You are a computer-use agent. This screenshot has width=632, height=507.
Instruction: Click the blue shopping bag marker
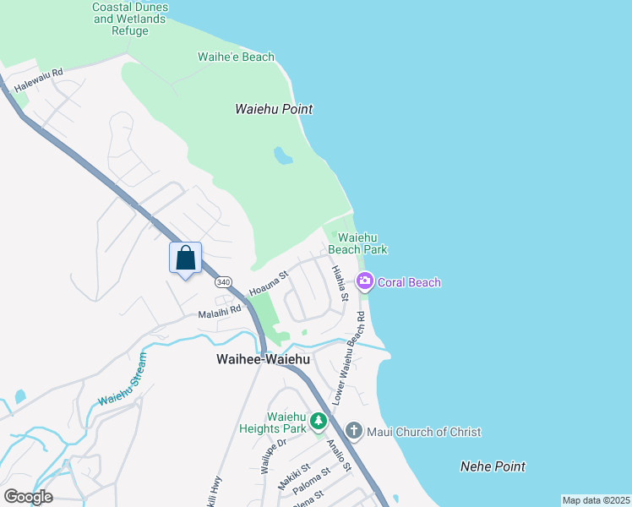pos(186,259)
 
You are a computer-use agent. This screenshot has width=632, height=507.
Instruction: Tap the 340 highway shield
pos(223,281)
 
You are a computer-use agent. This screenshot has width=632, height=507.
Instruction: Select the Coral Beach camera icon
pos(365,282)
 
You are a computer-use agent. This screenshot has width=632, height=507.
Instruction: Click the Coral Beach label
pos(409,282)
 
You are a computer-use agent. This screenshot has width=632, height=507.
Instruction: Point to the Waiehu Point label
pos(274,109)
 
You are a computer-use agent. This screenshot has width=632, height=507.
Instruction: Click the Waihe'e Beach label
pos(236,57)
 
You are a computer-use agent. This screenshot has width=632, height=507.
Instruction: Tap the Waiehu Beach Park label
pos(357,243)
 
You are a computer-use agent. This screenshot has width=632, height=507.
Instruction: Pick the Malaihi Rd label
pos(220,311)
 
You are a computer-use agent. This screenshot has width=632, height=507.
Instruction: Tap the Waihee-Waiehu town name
pos(263,359)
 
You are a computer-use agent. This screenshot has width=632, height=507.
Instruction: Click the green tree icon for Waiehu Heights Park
pos(318,421)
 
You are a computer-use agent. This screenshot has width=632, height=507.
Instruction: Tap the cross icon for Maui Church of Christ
pos(353,432)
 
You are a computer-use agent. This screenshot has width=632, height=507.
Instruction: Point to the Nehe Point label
pos(493,466)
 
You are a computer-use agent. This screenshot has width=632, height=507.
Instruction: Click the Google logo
pos(28,497)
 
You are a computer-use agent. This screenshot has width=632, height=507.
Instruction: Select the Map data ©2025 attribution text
pos(596,500)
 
